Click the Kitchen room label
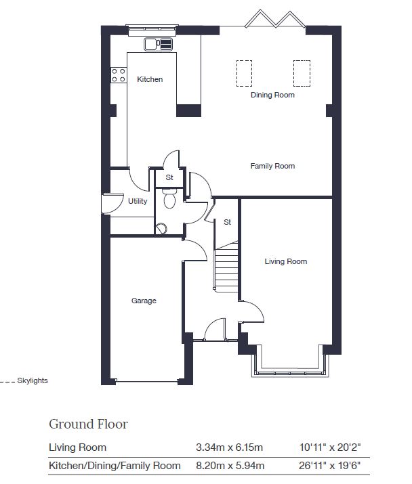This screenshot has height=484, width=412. click(150, 79)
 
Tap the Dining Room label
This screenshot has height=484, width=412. click(272, 95)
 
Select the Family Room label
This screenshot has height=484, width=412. click(272, 166)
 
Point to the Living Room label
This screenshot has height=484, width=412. click(286, 261)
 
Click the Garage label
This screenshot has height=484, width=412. click(144, 301)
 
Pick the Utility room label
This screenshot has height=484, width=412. click(138, 201)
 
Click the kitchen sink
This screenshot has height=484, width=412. click(158, 44)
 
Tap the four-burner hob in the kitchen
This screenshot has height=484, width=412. click(119, 75)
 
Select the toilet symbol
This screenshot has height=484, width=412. click(169, 198)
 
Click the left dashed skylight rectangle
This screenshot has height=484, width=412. click(244, 74)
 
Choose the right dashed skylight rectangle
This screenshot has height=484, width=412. click(302, 74)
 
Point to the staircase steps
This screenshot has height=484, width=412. click(226, 267)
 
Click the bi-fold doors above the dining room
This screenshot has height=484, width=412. click(275, 19)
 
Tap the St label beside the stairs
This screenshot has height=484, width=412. click(227, 222)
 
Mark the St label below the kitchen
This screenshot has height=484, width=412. click(169, 177)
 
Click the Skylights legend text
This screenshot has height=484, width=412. click(33, 380)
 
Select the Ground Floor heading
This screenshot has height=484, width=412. click(88, 424)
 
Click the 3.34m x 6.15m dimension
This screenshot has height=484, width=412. click(229, 447)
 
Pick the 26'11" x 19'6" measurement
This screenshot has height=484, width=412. click(329, 466)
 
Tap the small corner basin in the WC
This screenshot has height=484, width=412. click(161, 229)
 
